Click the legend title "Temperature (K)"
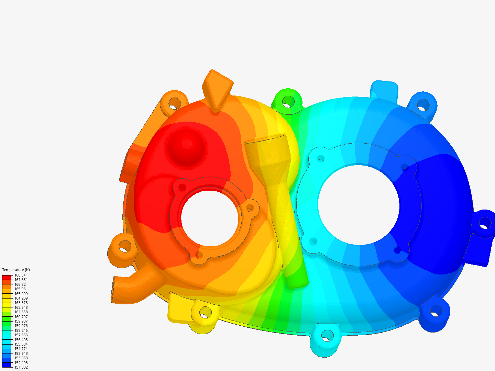click(x=16, y=270)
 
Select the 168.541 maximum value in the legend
click(x=21, y=275)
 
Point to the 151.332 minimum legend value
click(x=21, y=367)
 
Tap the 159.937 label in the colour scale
click(x=21, y=321)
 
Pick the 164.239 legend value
click(x=21, y=298)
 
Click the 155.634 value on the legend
click(x=21, y=344)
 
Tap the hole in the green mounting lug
click(x=288, y=101)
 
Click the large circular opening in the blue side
click(x=359, y=205)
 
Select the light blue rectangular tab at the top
click(x=384, y=90)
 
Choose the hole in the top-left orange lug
click(x=175, y=103)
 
